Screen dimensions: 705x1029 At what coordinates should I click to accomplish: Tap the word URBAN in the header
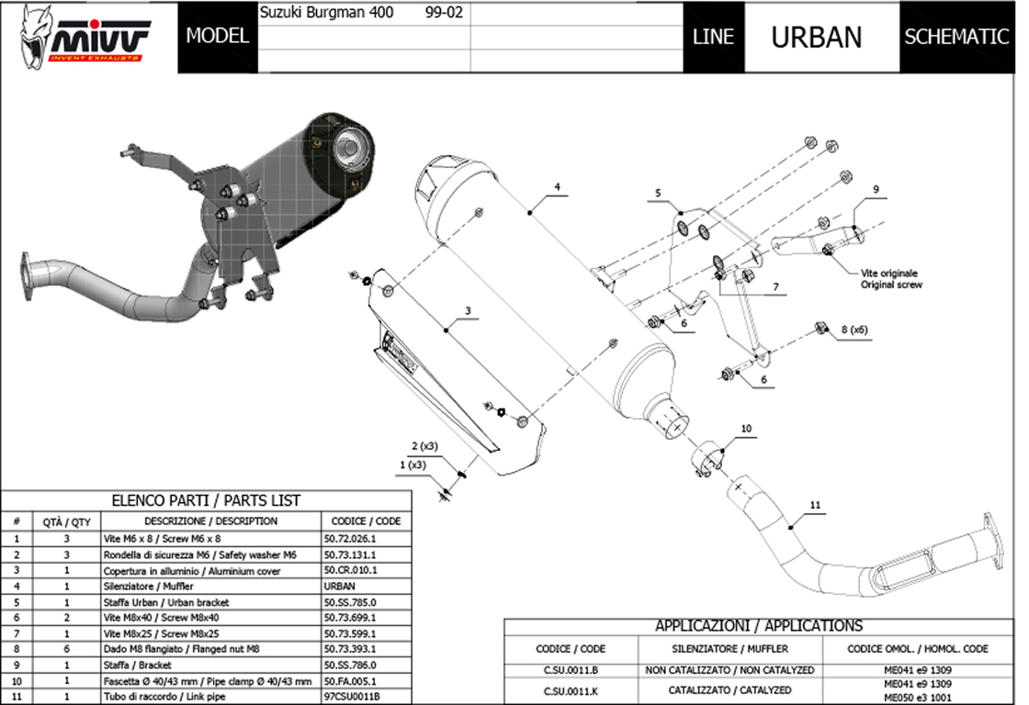816,37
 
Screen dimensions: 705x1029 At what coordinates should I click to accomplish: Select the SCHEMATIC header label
956,37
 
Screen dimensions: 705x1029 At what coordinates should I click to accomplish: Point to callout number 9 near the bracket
876,189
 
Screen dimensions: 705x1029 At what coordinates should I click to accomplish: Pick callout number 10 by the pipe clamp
746,428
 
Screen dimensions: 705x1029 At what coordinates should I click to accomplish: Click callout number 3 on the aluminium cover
468,311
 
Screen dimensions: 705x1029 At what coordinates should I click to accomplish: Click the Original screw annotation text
891,285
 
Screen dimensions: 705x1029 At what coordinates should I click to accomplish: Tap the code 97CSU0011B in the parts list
352,696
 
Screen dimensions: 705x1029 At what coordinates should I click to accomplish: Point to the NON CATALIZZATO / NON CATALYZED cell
731,670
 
